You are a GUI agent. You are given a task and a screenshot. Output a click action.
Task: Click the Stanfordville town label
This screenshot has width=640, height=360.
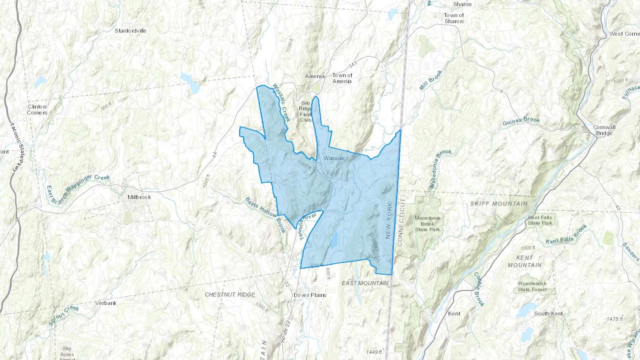[130, 31]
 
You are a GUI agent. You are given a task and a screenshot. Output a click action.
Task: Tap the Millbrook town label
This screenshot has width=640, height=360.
[139, 197]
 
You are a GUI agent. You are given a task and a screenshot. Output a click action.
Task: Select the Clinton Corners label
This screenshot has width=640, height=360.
[37, 110]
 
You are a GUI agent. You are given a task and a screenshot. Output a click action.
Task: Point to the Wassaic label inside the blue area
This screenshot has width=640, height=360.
[334, 158]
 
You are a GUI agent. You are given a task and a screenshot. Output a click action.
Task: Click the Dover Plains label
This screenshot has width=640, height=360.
[310, 295]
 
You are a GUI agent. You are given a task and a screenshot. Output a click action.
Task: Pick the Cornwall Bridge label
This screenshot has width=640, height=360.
[604, 130]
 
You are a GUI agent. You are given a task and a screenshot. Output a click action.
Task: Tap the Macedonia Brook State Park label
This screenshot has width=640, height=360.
[427, 224]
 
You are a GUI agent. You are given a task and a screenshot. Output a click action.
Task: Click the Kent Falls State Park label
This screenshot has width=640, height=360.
[540, 220]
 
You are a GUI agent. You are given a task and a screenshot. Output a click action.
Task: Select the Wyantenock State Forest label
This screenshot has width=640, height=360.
[532, 286]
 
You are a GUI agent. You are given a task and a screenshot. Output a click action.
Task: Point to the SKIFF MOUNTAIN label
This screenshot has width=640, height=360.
[499, 204]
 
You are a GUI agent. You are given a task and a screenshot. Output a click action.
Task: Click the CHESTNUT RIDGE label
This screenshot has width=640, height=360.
[230, 295]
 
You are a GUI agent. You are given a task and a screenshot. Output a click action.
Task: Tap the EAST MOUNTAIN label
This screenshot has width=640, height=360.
[365, 283]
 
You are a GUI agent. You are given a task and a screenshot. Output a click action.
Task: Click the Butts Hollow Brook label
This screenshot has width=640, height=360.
[266, 215]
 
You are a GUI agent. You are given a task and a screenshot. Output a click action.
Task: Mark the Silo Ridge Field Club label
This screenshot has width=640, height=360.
[305, 112]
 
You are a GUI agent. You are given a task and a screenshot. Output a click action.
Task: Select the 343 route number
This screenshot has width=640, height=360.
[353, 65]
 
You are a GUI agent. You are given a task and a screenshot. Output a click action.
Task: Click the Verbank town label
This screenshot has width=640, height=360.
[106, 303]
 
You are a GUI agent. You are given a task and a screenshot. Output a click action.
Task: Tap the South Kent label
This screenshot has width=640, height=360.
[548, 314]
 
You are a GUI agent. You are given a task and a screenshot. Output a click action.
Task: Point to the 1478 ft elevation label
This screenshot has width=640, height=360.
[615, 319]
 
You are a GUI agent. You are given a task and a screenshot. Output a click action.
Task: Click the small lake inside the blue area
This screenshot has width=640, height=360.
[334, 240]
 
